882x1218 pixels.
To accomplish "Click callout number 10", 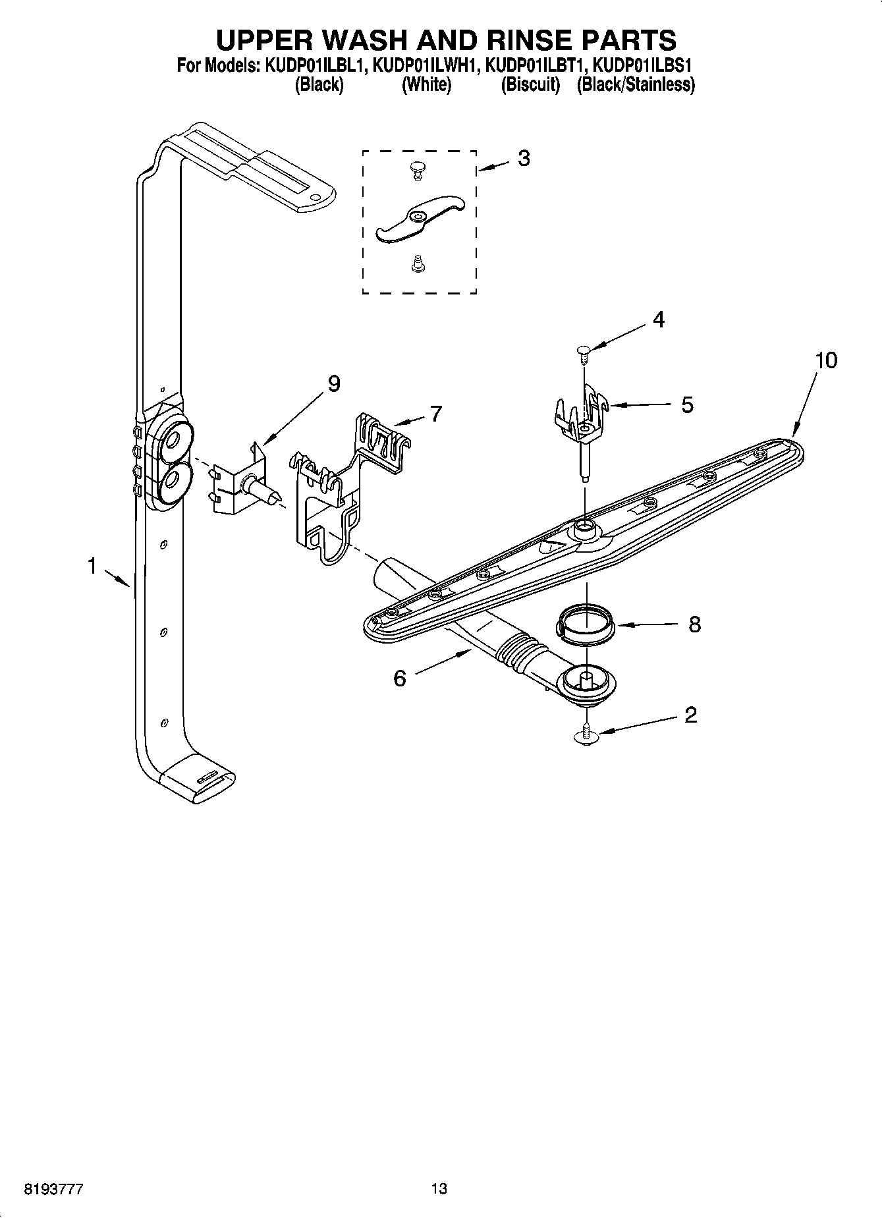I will [x=825, y=360].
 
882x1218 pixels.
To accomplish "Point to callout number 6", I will [x=400, y=678].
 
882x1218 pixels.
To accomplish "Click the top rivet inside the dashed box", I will [x=417, y=169].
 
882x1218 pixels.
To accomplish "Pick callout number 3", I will [x=524, y=158].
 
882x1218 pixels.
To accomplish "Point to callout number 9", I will [x=334, y=383].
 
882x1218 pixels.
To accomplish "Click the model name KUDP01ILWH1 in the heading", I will [x=424, y=66].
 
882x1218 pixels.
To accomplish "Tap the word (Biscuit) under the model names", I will [x=530, y=84].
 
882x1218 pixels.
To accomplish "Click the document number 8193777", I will [x=53, y=1190].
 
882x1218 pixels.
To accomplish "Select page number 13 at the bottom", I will [x=439, y=1189].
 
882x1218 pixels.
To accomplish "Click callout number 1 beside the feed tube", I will [x=92, y=565].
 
